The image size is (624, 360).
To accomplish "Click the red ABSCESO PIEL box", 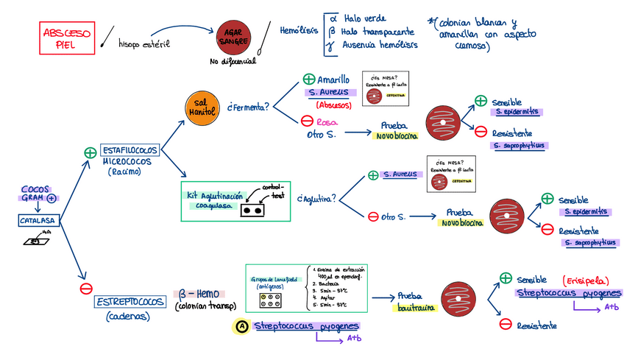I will tap(67, 38).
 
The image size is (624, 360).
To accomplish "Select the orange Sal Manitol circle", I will tap(201, 108).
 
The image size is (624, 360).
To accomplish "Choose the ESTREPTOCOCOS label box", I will tap(130, 302).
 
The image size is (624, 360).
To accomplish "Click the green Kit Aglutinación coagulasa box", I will tap(235, 200).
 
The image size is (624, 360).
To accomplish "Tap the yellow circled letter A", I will tap(241, 326).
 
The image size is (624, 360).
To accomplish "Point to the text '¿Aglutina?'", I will tap(316, 198).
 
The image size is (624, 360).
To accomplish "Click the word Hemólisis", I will tap(299, 31).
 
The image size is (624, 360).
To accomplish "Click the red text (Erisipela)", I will tap(585, 280).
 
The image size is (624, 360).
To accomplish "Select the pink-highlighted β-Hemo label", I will tap(193, 293).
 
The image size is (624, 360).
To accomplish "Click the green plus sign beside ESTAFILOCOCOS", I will tap(90, 152).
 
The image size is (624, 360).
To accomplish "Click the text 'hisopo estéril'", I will tap(143, 44).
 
